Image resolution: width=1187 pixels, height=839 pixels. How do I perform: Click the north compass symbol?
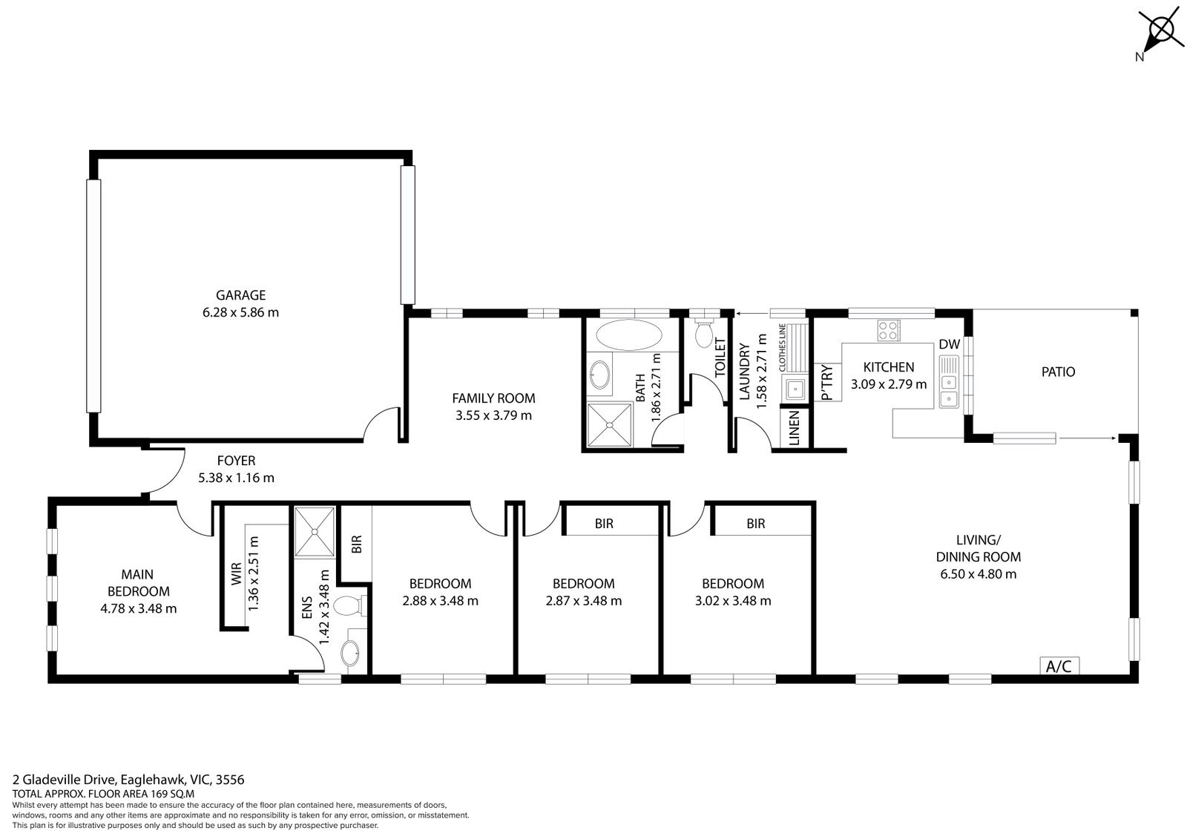pos(1160,32)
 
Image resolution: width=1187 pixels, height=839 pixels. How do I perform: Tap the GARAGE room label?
pos(240,295)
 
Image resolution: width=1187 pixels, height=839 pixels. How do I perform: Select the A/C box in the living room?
pos(1059,666)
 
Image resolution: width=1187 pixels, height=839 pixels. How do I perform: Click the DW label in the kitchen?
pos(949,344)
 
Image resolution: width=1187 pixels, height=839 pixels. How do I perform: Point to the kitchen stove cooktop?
pos(888,330)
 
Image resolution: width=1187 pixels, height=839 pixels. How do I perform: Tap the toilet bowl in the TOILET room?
pos(703,335)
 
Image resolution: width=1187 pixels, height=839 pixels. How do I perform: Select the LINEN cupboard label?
pos(793,429)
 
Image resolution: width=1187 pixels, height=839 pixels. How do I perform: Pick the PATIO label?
pos(1058,372)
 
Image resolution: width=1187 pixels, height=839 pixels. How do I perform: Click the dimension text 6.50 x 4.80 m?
pos(978,573)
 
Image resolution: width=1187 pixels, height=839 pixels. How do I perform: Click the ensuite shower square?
pos(315,531)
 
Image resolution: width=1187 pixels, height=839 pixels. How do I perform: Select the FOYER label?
pos(236,461)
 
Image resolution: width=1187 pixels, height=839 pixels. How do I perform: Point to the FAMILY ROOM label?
pos(493,398)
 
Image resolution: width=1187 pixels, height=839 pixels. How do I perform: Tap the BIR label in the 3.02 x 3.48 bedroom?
pos(755,524)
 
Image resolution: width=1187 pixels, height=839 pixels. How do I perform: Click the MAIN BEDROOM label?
pos(138,582)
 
